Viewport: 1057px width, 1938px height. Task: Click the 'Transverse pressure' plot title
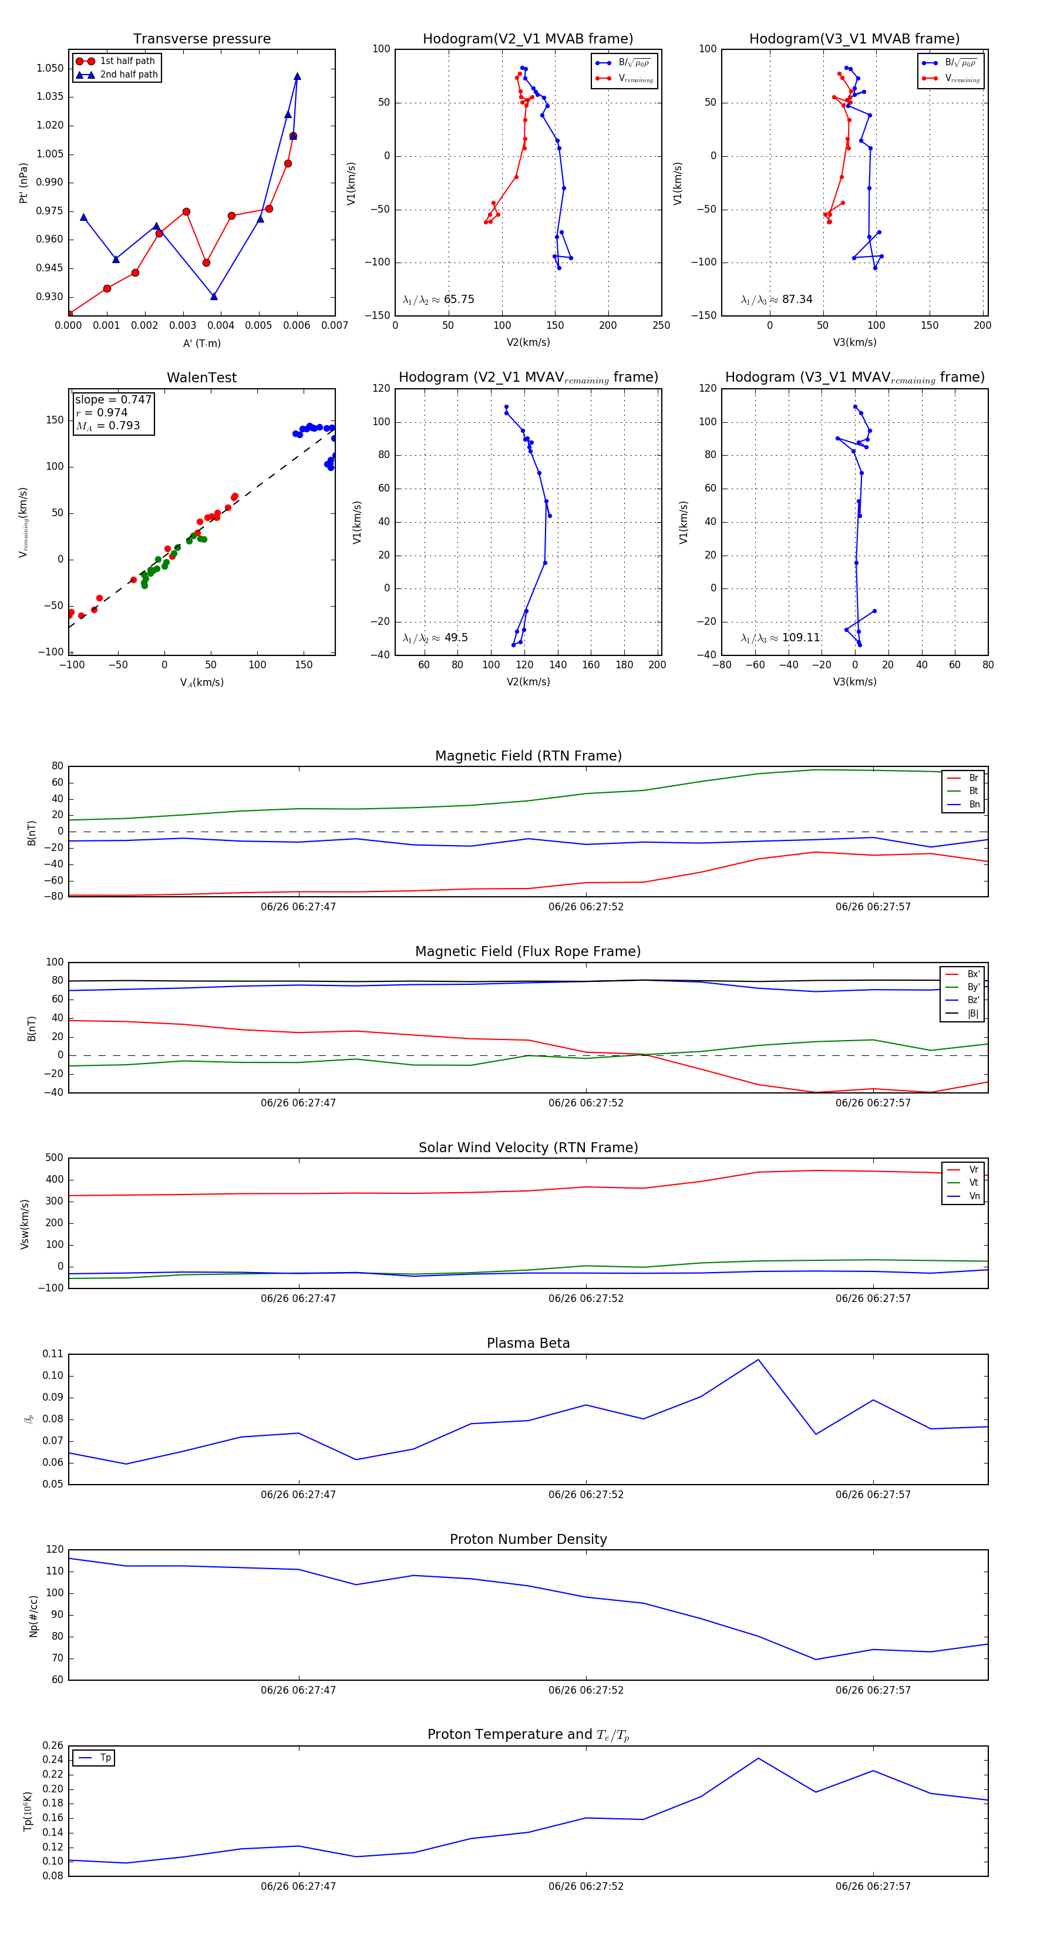[201, 39]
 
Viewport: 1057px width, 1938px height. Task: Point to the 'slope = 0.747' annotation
[113, 399]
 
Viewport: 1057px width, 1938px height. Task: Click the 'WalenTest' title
[201, 378]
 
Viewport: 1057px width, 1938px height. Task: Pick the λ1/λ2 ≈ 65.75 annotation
[439, 300]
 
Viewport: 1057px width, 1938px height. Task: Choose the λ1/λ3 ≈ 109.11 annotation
[780, 638]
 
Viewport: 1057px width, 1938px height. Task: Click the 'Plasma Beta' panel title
[528, 1344]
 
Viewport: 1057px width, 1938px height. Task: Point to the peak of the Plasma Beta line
[758, 1360]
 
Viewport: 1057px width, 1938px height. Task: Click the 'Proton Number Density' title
[528, 1539]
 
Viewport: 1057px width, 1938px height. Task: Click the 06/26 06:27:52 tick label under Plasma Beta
[585, 1495]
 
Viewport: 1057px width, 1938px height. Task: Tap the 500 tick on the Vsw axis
[54, 1158]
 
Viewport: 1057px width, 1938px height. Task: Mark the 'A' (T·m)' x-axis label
[201, 344]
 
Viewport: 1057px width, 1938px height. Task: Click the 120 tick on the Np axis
[55, 1550]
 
